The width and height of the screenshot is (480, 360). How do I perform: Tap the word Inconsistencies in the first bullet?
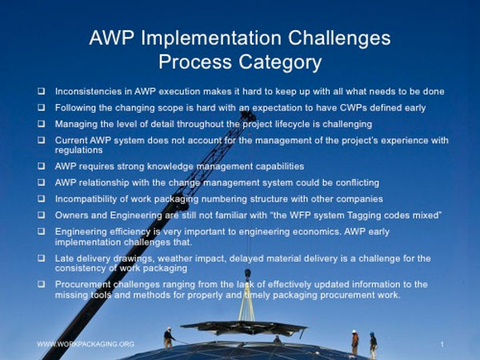click(92, 92)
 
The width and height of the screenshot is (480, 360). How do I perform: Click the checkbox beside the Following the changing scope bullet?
click(41, 108)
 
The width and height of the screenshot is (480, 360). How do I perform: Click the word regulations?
click(78, 150)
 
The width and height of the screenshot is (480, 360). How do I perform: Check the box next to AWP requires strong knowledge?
click(41, 166)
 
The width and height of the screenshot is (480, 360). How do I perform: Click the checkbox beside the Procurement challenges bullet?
click(41, 285)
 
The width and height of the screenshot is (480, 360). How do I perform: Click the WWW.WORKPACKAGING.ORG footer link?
click(86, 344)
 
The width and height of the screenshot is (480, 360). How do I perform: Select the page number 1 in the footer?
click(442, 344)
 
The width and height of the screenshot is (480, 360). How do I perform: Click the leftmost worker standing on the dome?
click(168, 337)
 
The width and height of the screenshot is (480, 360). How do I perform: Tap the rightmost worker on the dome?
click(373, 344)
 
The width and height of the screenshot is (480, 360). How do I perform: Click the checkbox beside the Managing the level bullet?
click(41, 124)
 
